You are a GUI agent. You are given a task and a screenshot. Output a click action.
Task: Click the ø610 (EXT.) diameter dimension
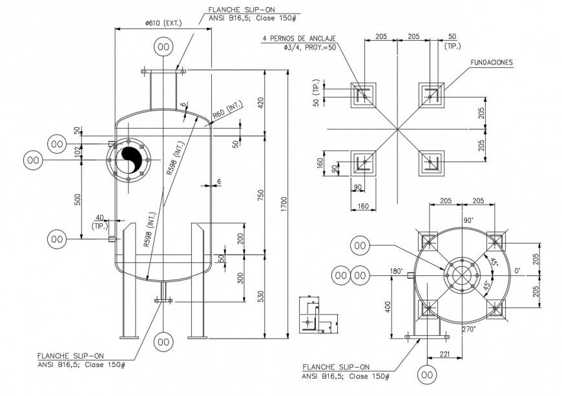(163, 23)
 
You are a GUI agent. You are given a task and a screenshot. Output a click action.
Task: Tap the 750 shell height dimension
(260, 196)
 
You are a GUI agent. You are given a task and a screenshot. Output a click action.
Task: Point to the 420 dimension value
(260, 103)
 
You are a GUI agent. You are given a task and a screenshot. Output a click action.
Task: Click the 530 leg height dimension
(260, 296)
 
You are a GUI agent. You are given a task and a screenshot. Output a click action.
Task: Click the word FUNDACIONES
(491, 63)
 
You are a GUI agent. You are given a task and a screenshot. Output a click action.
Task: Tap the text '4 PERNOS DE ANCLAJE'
(300, 39)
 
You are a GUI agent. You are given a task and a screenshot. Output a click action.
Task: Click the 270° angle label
(469, 329)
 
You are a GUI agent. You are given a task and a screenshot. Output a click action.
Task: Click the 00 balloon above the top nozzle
(164, 47)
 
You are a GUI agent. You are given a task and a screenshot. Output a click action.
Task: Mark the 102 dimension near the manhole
(78, 151)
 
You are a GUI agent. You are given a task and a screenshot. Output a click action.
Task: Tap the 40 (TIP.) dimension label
(99, 221)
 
